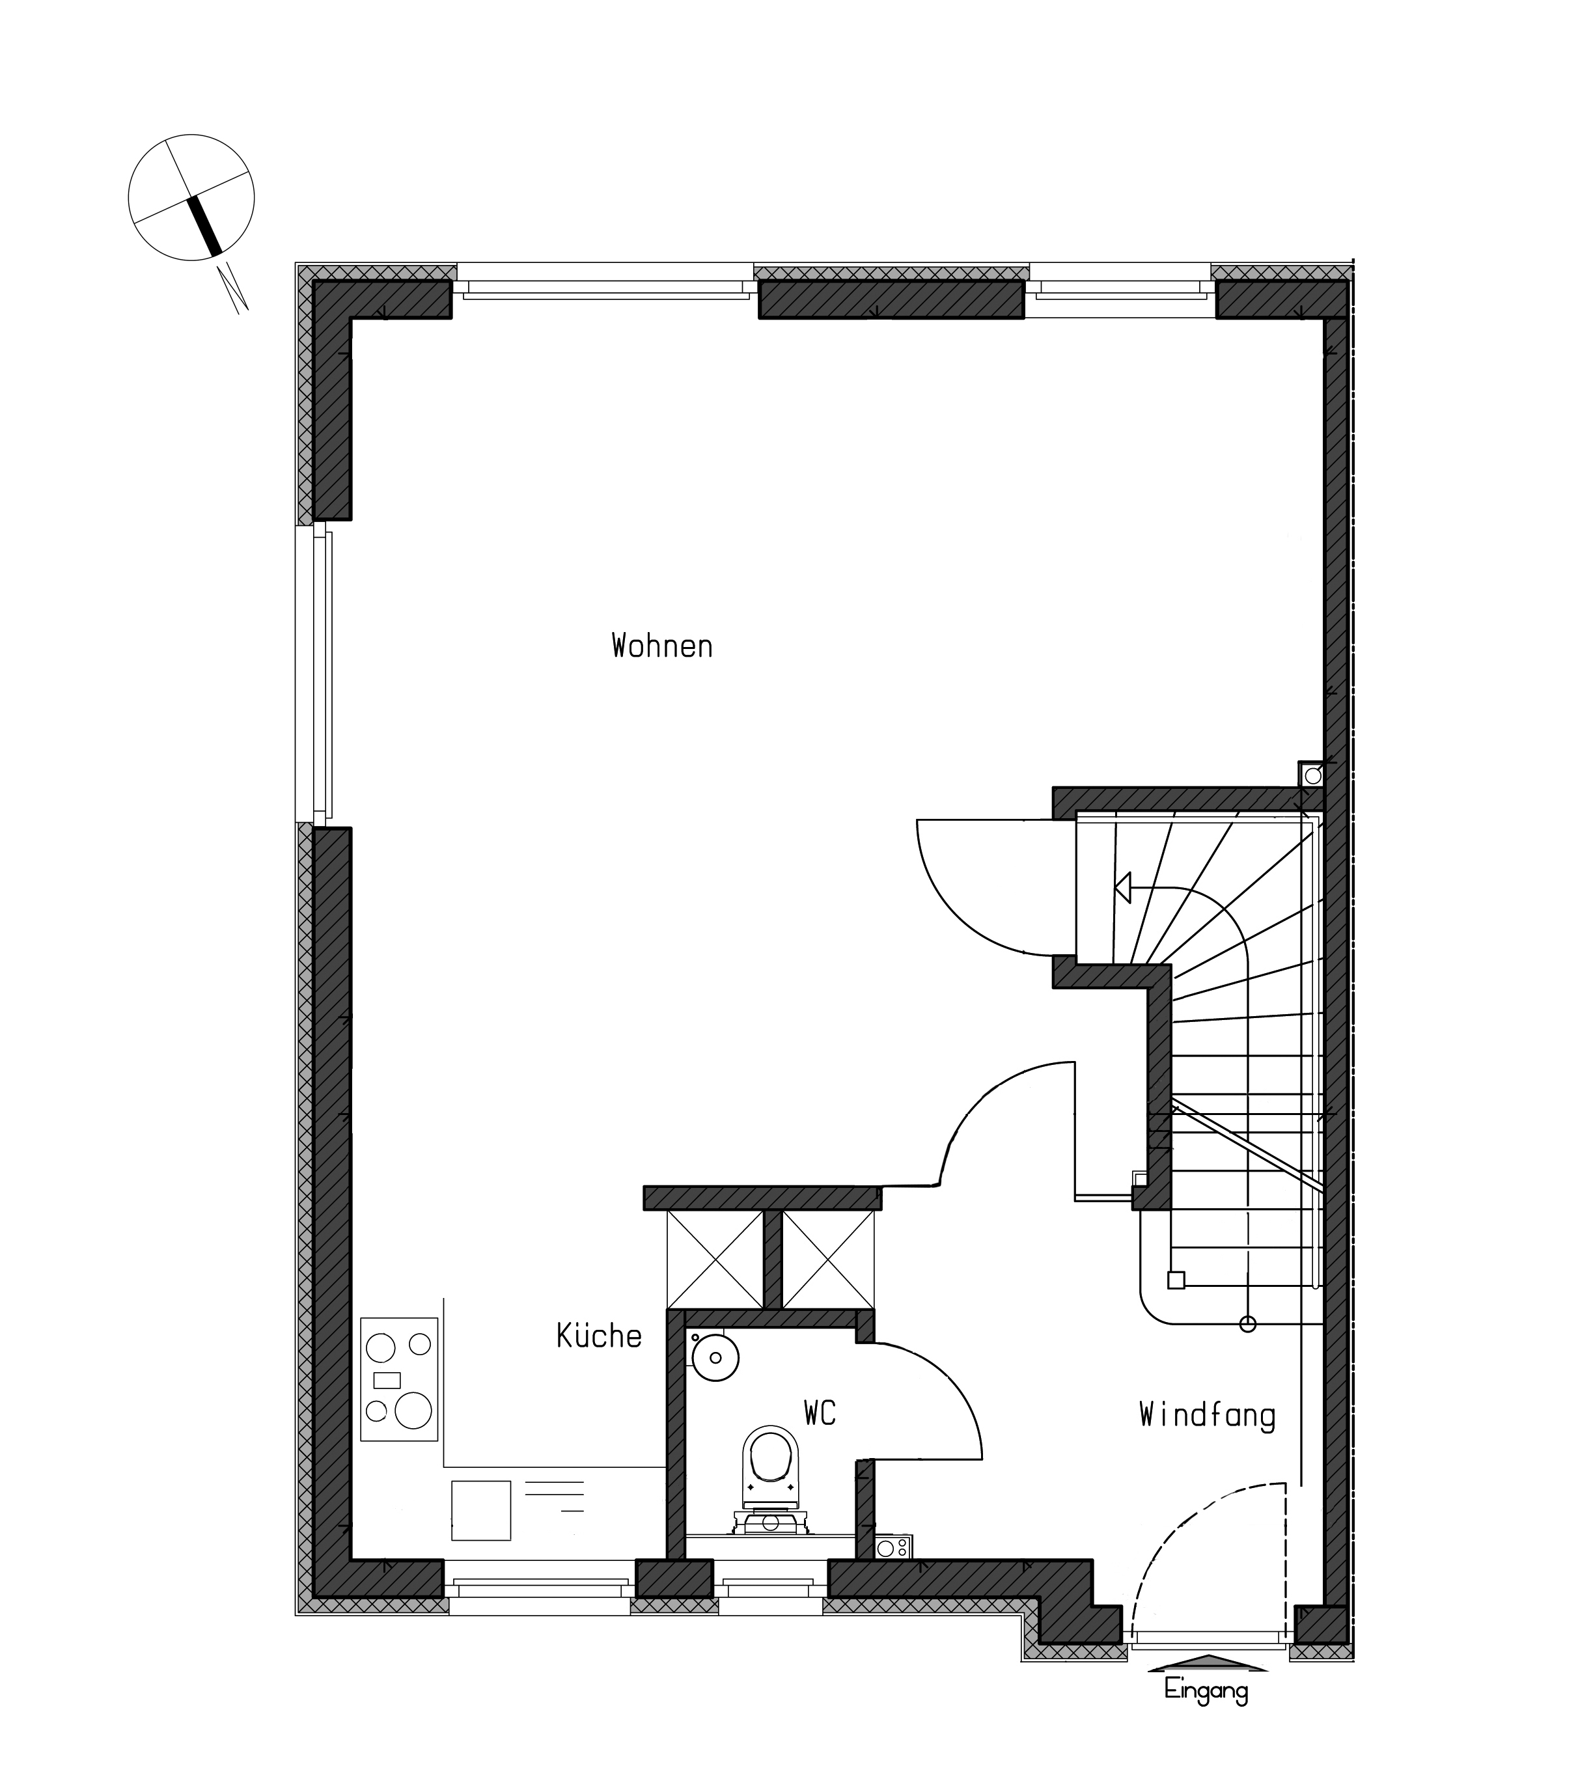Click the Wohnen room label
point(662,646)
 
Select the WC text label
point(820,1413)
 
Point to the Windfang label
point(1207,1416)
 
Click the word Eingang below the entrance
point(1206,1689)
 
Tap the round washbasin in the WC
point(715,1357)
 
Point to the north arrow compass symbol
point(191,197)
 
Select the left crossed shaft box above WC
point(715,1260)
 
